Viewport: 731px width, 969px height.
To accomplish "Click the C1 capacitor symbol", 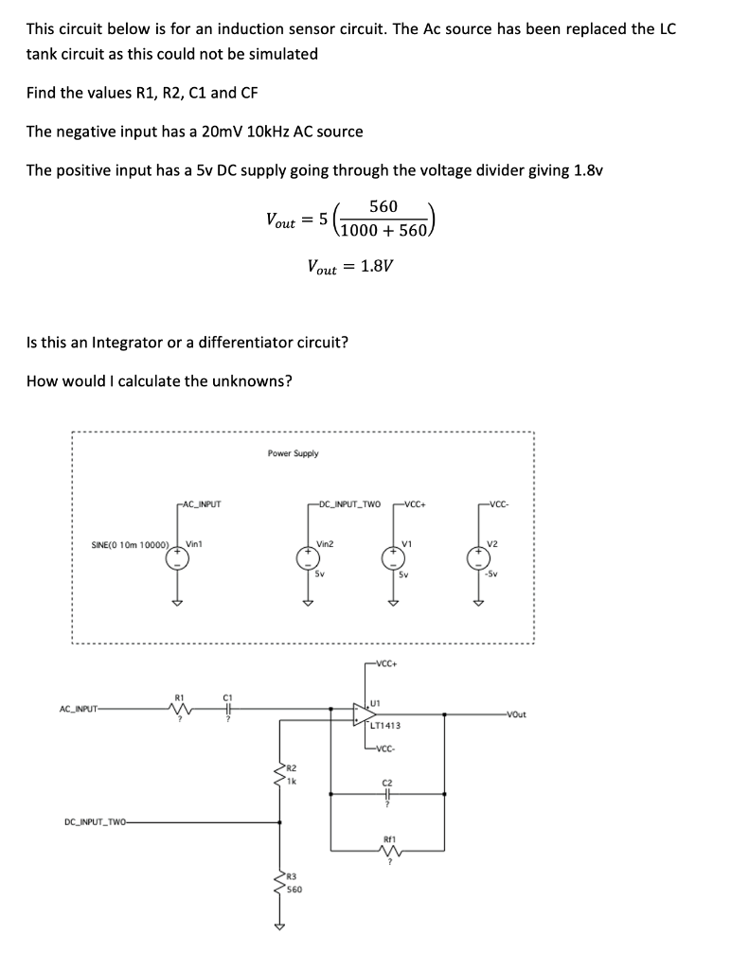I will coord(226,711).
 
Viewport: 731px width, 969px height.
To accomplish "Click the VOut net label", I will coord(520,714).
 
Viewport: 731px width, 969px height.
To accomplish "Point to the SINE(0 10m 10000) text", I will coord(130,545).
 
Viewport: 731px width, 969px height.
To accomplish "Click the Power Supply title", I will coord(293,453).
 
